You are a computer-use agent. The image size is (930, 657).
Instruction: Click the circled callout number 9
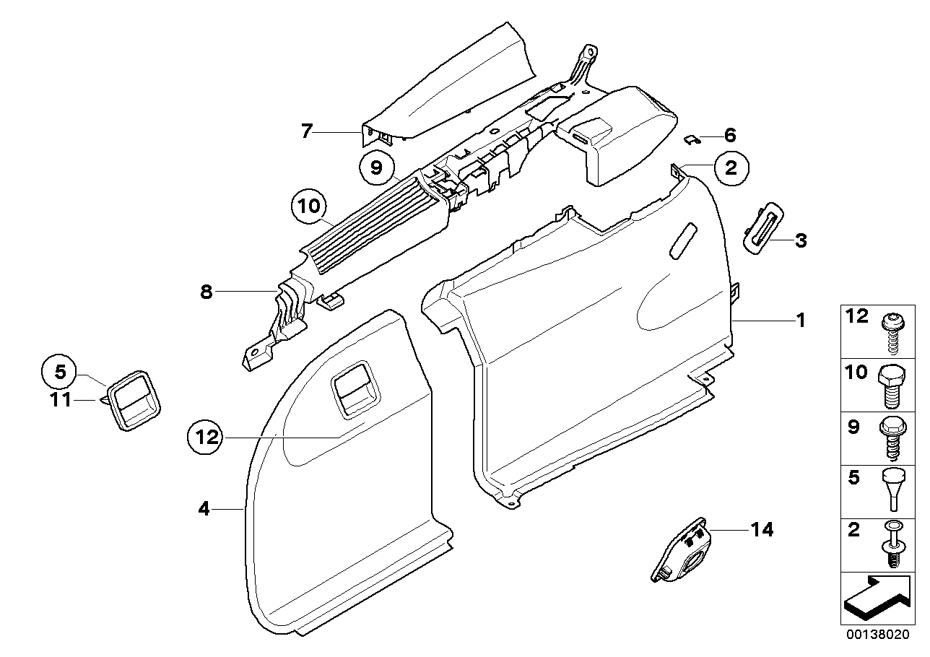(x=375, y=168)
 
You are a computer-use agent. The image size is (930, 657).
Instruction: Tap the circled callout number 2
(x=731, y=168)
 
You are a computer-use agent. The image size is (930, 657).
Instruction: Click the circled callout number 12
(x=206, y=436)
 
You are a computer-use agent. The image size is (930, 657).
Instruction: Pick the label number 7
(x=307, y=131)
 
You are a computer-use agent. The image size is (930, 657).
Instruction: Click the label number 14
(x=762, y=530)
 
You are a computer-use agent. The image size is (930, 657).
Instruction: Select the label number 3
(x=800, y=240)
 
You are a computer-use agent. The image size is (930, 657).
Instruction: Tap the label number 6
(x=729, y=134)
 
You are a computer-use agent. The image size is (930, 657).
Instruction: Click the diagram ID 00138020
(x=878, y=635)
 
